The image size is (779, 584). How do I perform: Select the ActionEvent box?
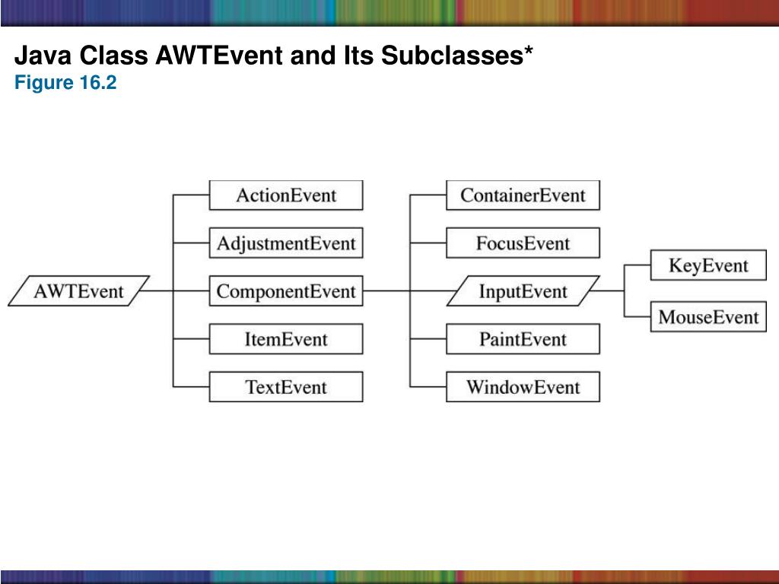[x=286, y=195]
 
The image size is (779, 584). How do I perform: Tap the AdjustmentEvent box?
[x=286, y=243]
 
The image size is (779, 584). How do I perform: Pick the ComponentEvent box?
[x=286, y=291]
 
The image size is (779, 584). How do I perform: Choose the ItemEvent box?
[x=286, y=339]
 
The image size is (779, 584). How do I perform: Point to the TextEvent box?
[x=286, y=387]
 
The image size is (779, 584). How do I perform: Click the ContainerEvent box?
[x=523, y=195]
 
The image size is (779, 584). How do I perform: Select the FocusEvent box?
[x=523, y=243]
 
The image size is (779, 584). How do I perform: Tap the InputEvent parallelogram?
[x=523, y=291]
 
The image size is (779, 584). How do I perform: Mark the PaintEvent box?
[x=523, y=339]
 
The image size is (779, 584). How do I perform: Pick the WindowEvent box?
[x=523, y=387]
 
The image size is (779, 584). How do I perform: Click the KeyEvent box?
[x=708, y=265]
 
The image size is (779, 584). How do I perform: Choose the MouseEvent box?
[x=708, y=316]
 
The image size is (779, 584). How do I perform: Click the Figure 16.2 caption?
[x=65, y=83]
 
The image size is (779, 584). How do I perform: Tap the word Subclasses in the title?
[x=462, y=56]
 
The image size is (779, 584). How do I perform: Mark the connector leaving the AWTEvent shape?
[x=158, y=291]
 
